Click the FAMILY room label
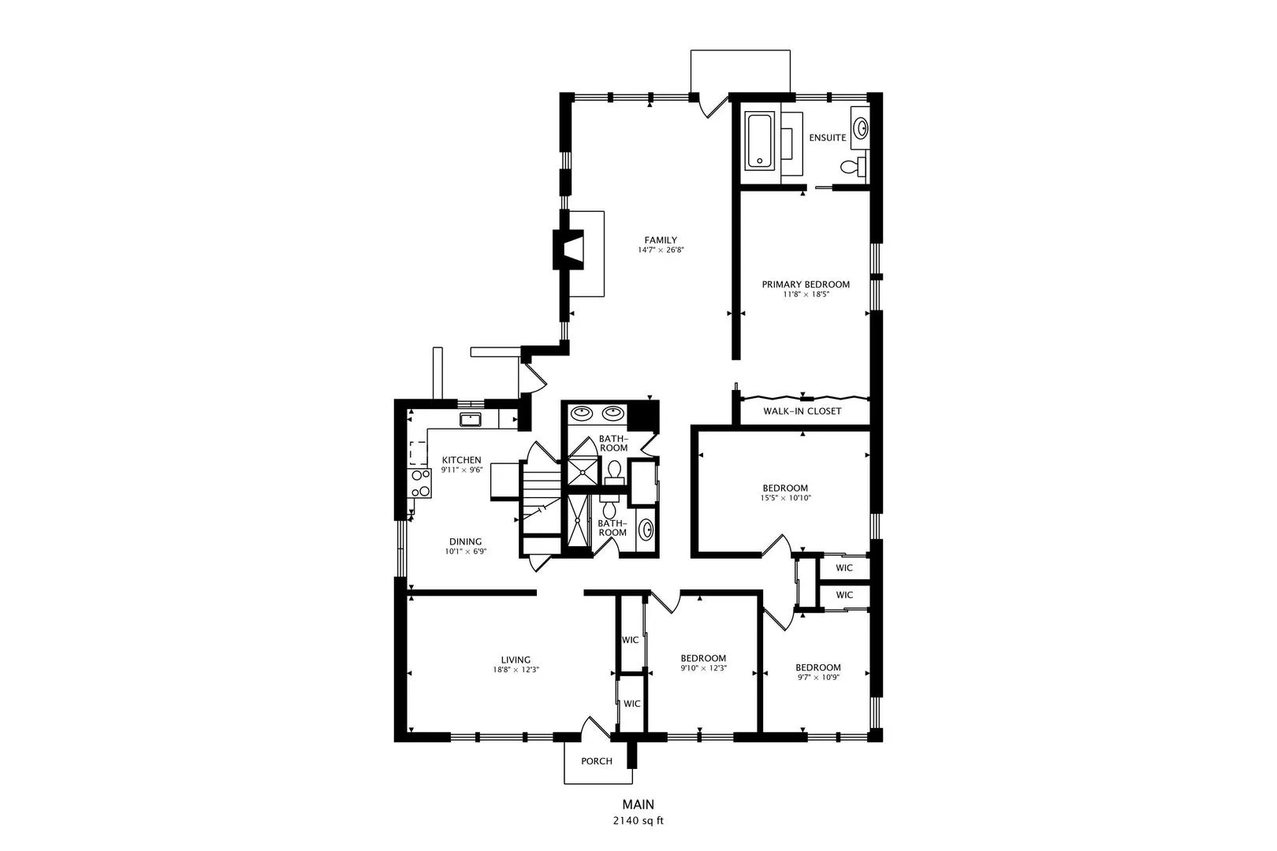[661, 240]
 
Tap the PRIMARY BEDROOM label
[806, 284]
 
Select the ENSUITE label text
[827, 137]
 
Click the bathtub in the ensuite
[759, 141]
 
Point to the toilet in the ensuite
[852, 166]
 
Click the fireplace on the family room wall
[568, 249]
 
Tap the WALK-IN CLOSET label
[802, 411]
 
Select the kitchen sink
[471, 419]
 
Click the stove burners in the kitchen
[421, 483]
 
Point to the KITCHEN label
[461, 460]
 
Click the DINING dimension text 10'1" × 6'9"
[465, 552]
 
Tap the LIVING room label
[516, 660]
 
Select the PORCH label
[596, 761]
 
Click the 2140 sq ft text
[638, 821]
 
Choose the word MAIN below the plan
[638, 805]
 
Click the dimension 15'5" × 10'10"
[785, 498]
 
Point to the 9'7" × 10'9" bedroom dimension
[818, 678]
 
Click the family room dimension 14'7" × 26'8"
[661, 250]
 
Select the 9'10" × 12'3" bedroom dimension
[703, 668]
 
